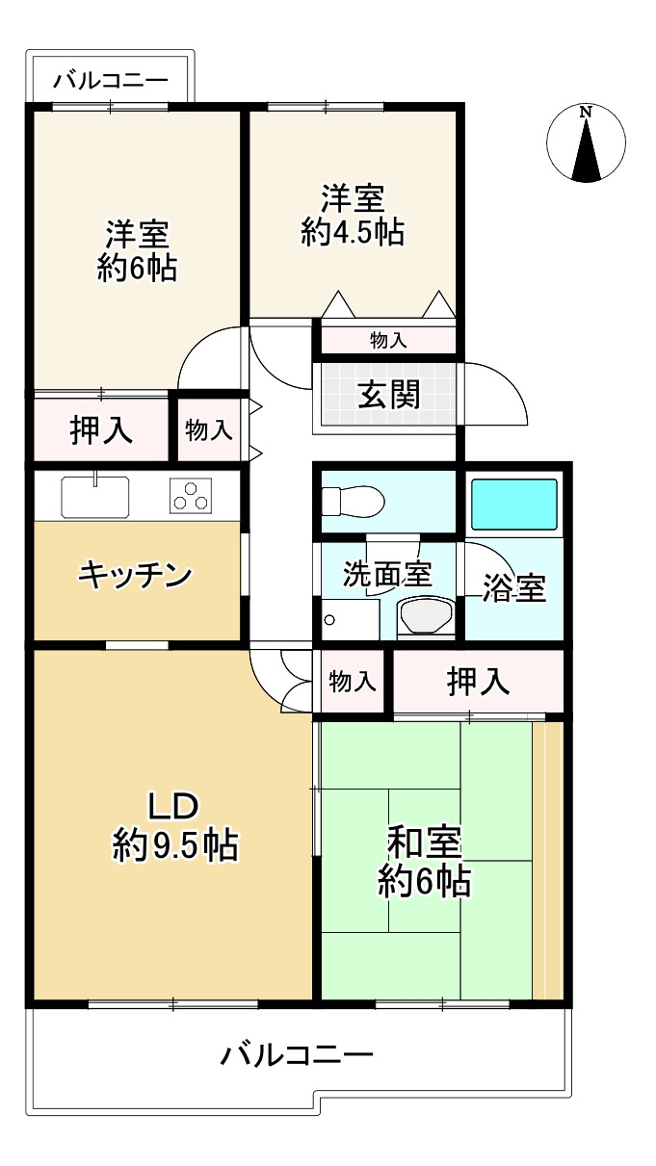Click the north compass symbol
pos(586,144)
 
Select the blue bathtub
pos(514,502)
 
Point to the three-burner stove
pos(191,497)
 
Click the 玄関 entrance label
pos(389,394)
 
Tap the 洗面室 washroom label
pos(387,574)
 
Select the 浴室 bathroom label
pos(514,587)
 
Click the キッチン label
pos(135,576)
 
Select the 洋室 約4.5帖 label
pos(353,216)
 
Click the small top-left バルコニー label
pos(110,80)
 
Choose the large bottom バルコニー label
pos(297,1055)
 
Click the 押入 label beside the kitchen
pos(102,430)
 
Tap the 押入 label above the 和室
pos(478,682)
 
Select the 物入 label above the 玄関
pos(388,340)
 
